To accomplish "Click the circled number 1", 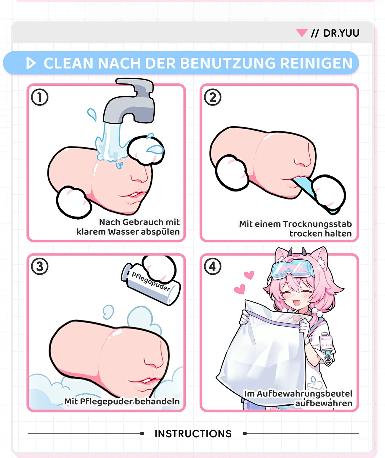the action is pos(40,97).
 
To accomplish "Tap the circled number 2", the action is pos(213,97).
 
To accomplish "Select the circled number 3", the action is pos(40,267).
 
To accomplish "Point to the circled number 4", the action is pos(213,267).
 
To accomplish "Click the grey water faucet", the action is pos(130,103).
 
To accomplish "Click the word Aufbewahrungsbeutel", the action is pos(304,394).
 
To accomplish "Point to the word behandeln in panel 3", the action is pos(157,401).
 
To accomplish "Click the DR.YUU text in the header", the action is pos(341,33).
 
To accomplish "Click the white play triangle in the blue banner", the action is pos(31,63).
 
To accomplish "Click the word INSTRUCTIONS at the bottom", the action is pos(193,434).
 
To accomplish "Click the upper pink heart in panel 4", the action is pos(249,275).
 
